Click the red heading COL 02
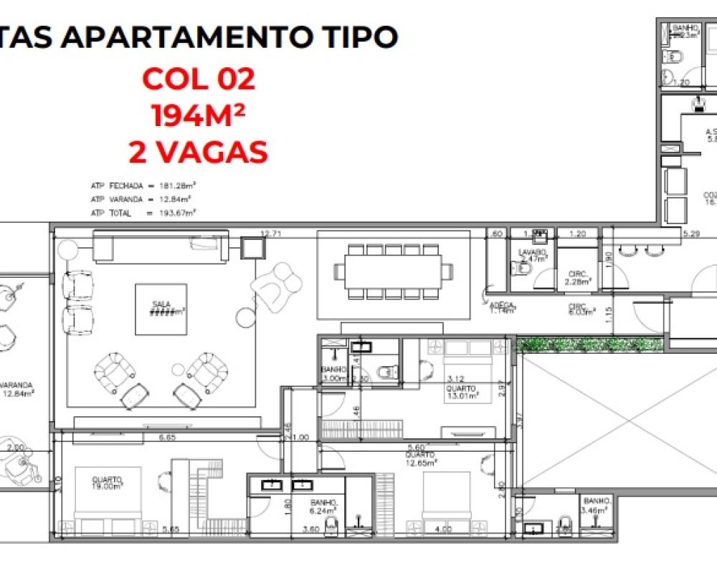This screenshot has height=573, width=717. [199, 79]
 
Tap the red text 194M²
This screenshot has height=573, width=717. [199, 115]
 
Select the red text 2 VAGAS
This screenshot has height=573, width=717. [199, 152]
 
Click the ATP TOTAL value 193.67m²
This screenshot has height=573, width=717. [179, 213]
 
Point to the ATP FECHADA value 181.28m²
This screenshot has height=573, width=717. [179, 186]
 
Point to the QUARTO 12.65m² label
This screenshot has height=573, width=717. [420, 458]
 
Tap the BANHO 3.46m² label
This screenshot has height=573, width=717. [597, 505]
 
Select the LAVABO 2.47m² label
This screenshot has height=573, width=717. [533, 257]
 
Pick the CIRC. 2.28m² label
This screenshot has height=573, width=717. [578, 277]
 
